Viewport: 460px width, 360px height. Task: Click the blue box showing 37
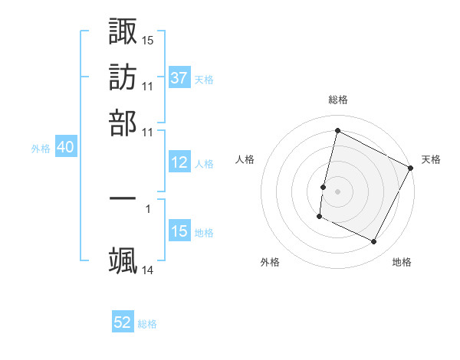(179, 77)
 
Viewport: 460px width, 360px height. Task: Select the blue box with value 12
(179, 162)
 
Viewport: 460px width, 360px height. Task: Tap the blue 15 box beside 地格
(179, 231)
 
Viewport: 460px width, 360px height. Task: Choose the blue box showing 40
(65, 148)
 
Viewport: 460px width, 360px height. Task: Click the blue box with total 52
(123, 322)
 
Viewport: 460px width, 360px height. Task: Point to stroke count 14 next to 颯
(148, 270)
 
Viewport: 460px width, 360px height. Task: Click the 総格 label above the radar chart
(338, 100)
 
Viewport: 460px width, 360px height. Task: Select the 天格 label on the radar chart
(431, 159)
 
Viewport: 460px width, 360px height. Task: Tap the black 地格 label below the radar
(402, 262)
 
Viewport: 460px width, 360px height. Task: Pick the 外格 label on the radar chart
(270, 262)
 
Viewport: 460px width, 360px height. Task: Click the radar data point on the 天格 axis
(411, 168)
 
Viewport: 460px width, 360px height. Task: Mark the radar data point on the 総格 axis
(337, 131)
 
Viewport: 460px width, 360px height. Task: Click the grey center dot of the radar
(337, 190)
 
